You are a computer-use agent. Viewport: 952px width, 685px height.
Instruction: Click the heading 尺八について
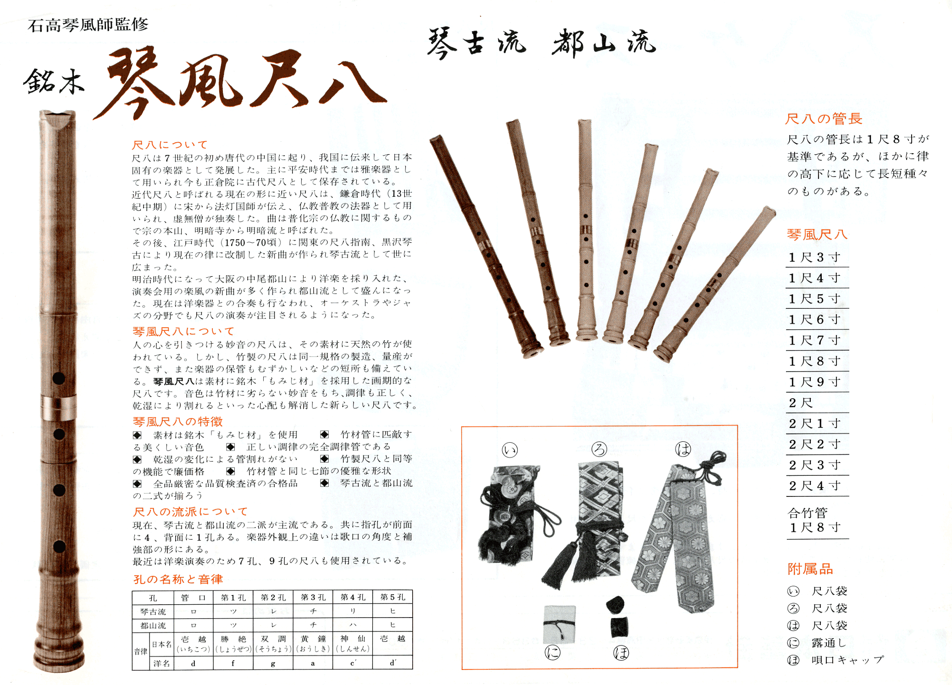point(170,145)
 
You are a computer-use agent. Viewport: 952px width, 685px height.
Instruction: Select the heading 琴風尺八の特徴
point(177,421)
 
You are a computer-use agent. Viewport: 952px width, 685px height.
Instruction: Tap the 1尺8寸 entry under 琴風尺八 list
point(814,361)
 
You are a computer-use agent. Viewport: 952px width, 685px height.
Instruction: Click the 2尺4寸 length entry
point(814,485)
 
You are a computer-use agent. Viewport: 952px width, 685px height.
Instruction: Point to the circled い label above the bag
point(510,450)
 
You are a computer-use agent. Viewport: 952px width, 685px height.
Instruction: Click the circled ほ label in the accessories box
point(621,653)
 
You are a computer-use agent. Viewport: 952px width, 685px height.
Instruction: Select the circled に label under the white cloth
point(553,652)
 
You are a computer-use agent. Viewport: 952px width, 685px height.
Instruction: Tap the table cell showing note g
point(273,663)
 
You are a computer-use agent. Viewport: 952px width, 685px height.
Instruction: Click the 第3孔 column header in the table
point(313,597)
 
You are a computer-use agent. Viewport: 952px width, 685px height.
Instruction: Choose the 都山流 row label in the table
point(153,625)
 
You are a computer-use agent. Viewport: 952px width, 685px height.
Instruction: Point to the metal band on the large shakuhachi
point(59,407)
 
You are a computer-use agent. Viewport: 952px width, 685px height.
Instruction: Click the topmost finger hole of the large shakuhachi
point(59,379)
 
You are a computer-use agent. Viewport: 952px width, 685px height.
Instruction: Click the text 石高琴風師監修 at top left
point(88,25)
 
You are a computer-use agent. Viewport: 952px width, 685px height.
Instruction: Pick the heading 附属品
point(810,569)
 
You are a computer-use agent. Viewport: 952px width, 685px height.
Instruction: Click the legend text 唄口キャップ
point(847,660)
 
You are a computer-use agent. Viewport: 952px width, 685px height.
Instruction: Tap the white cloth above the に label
point(559,624)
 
